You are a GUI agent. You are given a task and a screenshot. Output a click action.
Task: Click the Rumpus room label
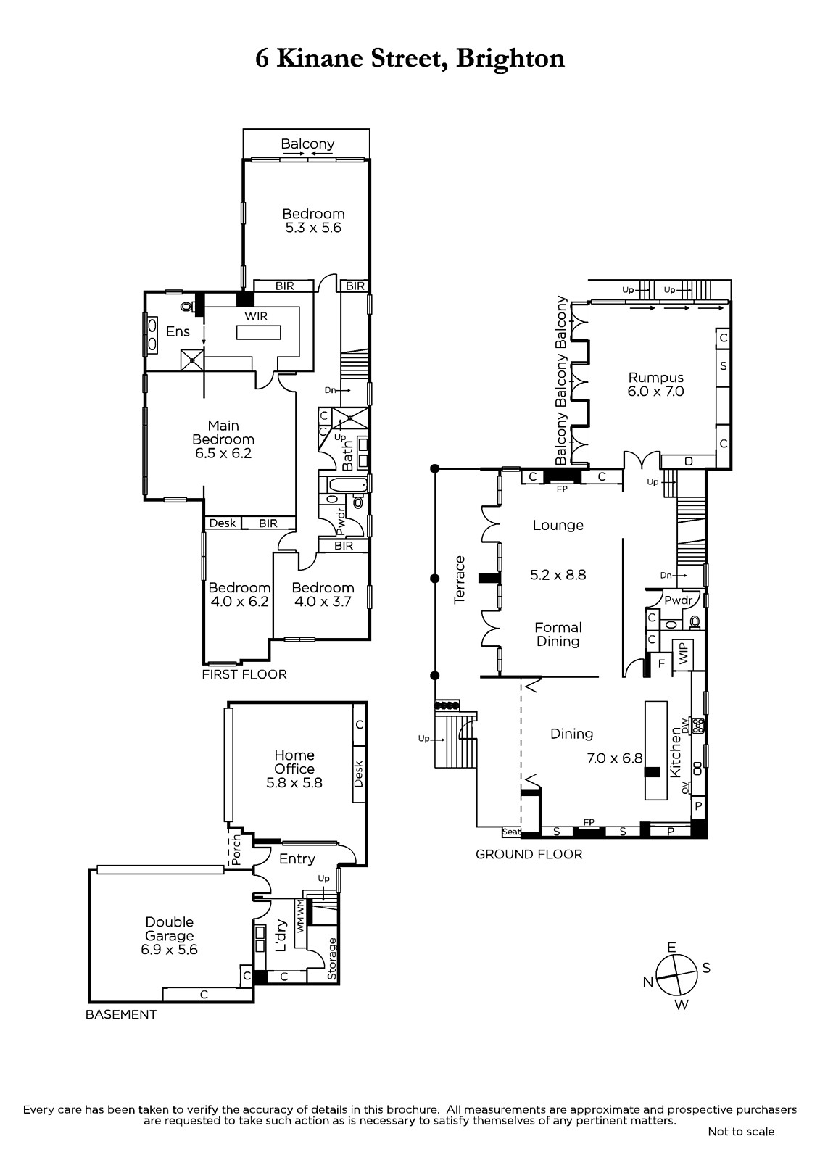pos(656,377)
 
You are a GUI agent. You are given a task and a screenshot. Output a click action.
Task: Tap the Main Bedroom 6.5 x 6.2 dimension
pos(223,454)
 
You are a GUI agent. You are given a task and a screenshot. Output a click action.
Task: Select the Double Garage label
pos(170,929)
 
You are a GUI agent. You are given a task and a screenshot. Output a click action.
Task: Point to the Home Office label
pos(294,762)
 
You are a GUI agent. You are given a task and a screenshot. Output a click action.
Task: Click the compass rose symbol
pos(676,975)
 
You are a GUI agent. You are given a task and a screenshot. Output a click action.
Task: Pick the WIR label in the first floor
pos(256,316)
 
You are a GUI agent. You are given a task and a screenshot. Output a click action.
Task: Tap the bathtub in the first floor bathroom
pos(344,485)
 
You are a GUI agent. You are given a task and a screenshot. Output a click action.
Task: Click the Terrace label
pos(460,579)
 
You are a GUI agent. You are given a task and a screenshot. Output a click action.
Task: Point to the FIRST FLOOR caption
pos(244,674)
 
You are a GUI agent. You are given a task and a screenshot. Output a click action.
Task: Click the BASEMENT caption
pos(120,1014)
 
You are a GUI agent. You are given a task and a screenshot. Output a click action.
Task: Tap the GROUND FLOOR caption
pos(529,854)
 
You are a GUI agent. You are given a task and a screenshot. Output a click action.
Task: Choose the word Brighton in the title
pos(510,58)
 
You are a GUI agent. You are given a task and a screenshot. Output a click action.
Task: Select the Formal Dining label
pos(558,634)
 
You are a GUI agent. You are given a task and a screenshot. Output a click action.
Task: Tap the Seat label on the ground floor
pos(510,832)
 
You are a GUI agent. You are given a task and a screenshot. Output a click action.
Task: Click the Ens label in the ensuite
pos(178,331)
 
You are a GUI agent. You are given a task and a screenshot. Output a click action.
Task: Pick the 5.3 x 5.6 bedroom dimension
pos(313,228)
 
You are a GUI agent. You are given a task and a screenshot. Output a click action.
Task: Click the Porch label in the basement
pos(236,850)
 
